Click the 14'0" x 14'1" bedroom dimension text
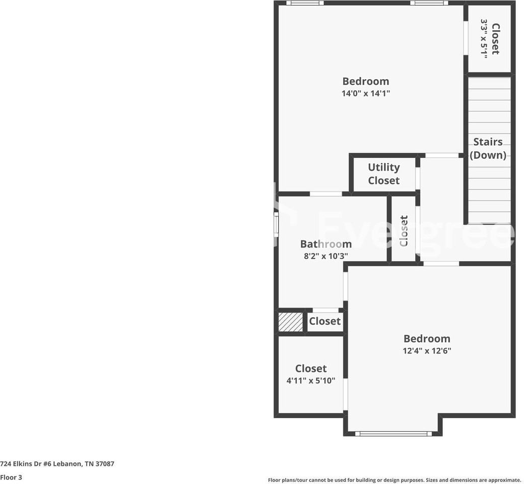(366, 93)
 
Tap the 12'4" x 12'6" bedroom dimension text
(427, 351)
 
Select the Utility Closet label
(383, 174)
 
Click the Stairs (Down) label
(488, 148)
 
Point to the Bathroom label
(325, 244)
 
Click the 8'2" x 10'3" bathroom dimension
(325, 256)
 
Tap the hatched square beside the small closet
(291, 322)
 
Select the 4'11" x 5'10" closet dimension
(311, 381)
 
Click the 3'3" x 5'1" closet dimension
(484, 39)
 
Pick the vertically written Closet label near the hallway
(404, 231)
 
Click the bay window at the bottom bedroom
(394, 433)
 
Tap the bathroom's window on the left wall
(276, 223)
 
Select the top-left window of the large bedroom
(305, 3)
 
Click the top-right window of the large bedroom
(429, 3)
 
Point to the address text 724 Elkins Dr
(57, 463)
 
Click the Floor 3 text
(11, 477)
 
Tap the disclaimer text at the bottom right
(394, 480)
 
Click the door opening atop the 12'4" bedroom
(441, 263)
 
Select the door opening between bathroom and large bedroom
(325, 194)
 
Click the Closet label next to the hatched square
(324, 321)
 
